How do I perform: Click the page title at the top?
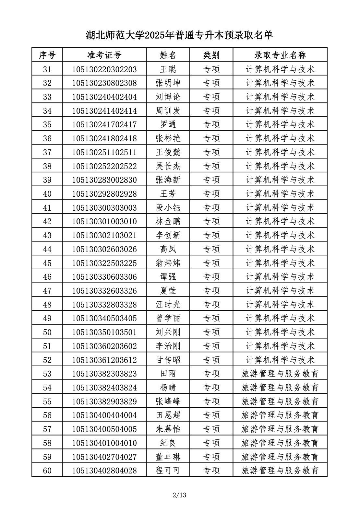coord(179,35)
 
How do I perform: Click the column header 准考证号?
coord(104,55)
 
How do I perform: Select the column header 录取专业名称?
coord(280,55)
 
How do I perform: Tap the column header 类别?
coord(211,55)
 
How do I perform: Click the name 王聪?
coord(168,69)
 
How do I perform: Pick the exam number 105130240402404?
coord(104,97)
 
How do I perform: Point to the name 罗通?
coord(168,124)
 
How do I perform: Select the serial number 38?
coord(47,166)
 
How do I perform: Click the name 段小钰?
coord(168,208)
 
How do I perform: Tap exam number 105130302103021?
coord(104,235)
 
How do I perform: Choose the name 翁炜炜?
coord(168,263)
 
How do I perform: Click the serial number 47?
coord(47,291)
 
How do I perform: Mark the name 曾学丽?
coord(168,318)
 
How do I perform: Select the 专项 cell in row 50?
coord(211,332)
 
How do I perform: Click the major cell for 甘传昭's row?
coord(280,360)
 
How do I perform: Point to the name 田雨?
coord(168,374)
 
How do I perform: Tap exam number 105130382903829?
coord(104,401)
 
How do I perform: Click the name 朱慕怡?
coord(168,429)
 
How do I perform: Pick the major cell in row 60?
coord(280,470)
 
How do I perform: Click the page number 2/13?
coord(180,495)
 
